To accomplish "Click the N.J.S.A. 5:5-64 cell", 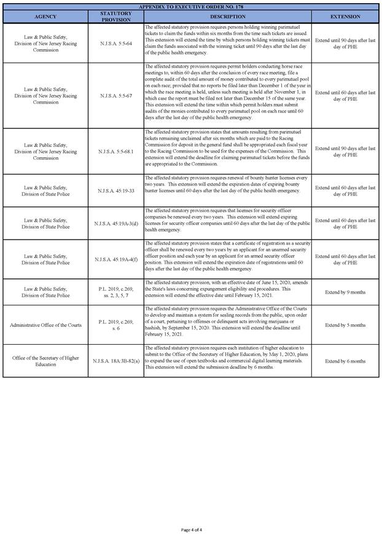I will (x=115, y=43).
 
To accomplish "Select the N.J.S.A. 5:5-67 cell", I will (x=115, y=95).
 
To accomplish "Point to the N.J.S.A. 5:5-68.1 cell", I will (x=115, y=151).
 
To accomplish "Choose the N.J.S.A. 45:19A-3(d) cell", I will (x=115, y=223).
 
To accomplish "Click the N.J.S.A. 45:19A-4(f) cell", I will (x=115, y=259).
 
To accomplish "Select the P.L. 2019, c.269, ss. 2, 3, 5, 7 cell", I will (x=115, y=292).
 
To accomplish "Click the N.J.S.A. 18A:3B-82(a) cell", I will (x=115, y=361).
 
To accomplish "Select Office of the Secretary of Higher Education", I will (x=45, y=361).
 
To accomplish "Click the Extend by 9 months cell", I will (x=345, y=292).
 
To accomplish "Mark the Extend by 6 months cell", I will (x=345, y=361).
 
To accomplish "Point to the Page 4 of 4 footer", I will (x=191, y=529).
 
